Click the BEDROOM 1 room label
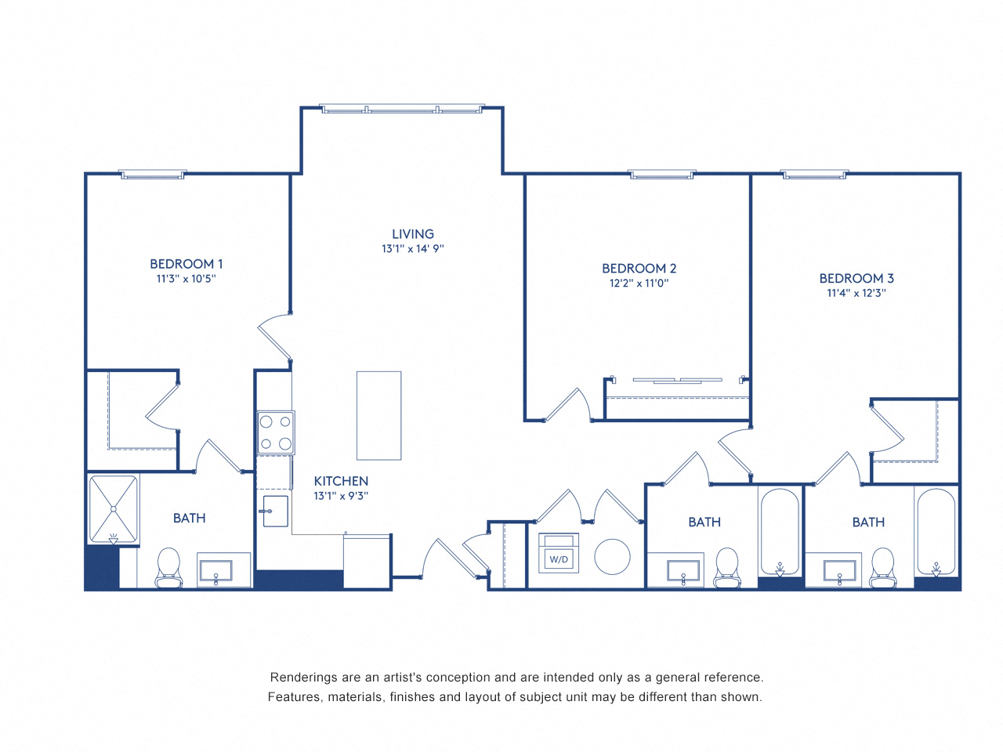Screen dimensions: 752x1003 pos(186,264)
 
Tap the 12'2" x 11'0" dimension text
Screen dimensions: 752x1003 pos(639,284)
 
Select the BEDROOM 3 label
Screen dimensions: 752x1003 pos(856,278)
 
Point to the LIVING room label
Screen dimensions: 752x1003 pos(413,233)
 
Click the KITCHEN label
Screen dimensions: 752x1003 pos(341,481)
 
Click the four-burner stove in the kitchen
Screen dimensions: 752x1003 pos(276,432)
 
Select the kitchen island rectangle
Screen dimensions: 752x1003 pos(379,415)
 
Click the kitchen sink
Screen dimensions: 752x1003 pos(275,512)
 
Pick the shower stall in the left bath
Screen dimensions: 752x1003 pos(114,509)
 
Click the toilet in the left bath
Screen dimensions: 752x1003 pos(168,567)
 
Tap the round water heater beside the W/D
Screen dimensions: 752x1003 pos(612,557)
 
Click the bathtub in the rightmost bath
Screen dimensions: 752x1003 pos(936,533)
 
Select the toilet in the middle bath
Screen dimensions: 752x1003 pos(726,567)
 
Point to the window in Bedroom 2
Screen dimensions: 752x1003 pos(662,175)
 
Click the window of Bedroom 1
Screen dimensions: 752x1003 pos(153,175)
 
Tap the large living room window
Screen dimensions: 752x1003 pos(403,109)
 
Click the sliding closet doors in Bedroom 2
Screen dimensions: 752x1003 pos(678,381)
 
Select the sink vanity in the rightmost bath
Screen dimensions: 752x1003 pos(839,569)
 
